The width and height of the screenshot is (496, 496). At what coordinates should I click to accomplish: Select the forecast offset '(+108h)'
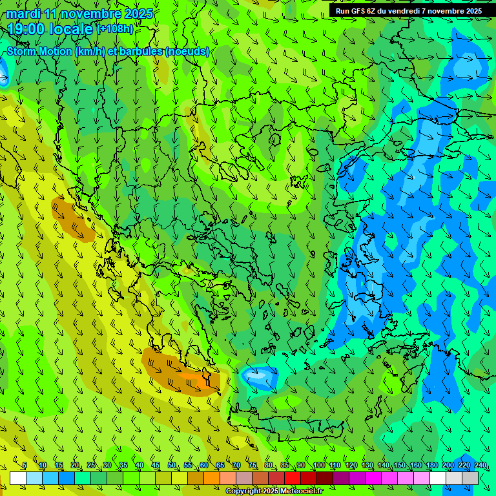(x=115, y=28)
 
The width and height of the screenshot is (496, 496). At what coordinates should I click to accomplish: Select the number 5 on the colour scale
(x=25, y=466)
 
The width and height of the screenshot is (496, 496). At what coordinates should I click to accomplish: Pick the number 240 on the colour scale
(x=480, y=466)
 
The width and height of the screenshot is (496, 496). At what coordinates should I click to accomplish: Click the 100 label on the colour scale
(x=318, y=466)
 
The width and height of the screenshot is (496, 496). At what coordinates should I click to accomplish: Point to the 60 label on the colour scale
(x=203, y=466)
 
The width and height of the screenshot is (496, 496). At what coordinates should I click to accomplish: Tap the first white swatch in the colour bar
(x=18, y=478)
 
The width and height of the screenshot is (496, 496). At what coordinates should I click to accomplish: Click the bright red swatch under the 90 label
(x=293, y=478)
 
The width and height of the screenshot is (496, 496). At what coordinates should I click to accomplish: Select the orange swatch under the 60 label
(x=196, y=478)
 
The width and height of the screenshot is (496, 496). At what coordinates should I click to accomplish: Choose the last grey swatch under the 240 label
(x=470, y=478)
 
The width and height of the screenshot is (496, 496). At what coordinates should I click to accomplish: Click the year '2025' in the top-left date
(x=139, y=14)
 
